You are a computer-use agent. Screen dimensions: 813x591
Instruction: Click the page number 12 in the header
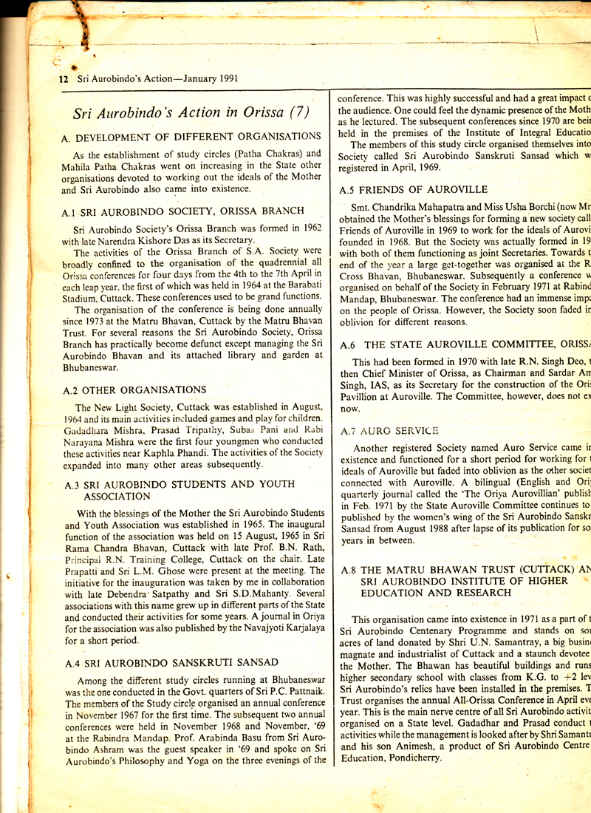click(x=52, y=79)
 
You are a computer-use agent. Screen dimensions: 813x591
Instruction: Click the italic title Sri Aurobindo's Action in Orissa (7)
click(x=191, y=113)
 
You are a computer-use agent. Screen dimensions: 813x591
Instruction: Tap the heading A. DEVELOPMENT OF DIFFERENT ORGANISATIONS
click(x=192, y=136)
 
